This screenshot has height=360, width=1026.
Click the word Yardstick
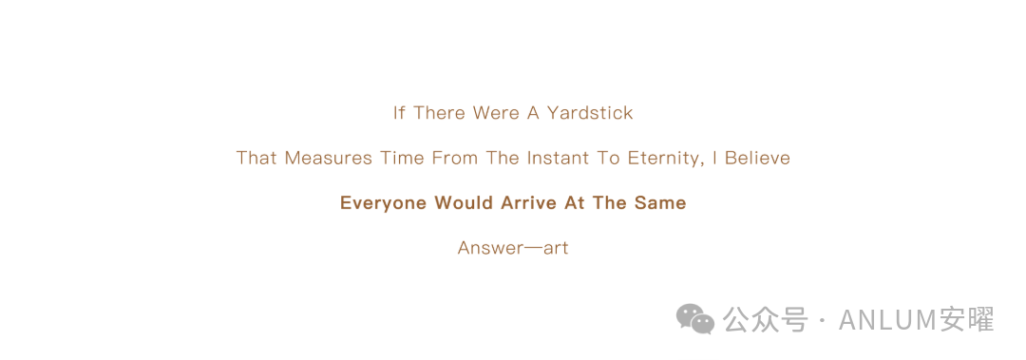(590, 113)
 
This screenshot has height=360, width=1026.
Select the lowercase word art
(556, 250)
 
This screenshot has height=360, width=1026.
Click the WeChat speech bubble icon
(695, 319)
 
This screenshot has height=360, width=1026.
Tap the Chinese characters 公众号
(765, 319)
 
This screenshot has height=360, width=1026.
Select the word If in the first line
(399, 113)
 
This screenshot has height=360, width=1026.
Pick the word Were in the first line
(496, 113)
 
